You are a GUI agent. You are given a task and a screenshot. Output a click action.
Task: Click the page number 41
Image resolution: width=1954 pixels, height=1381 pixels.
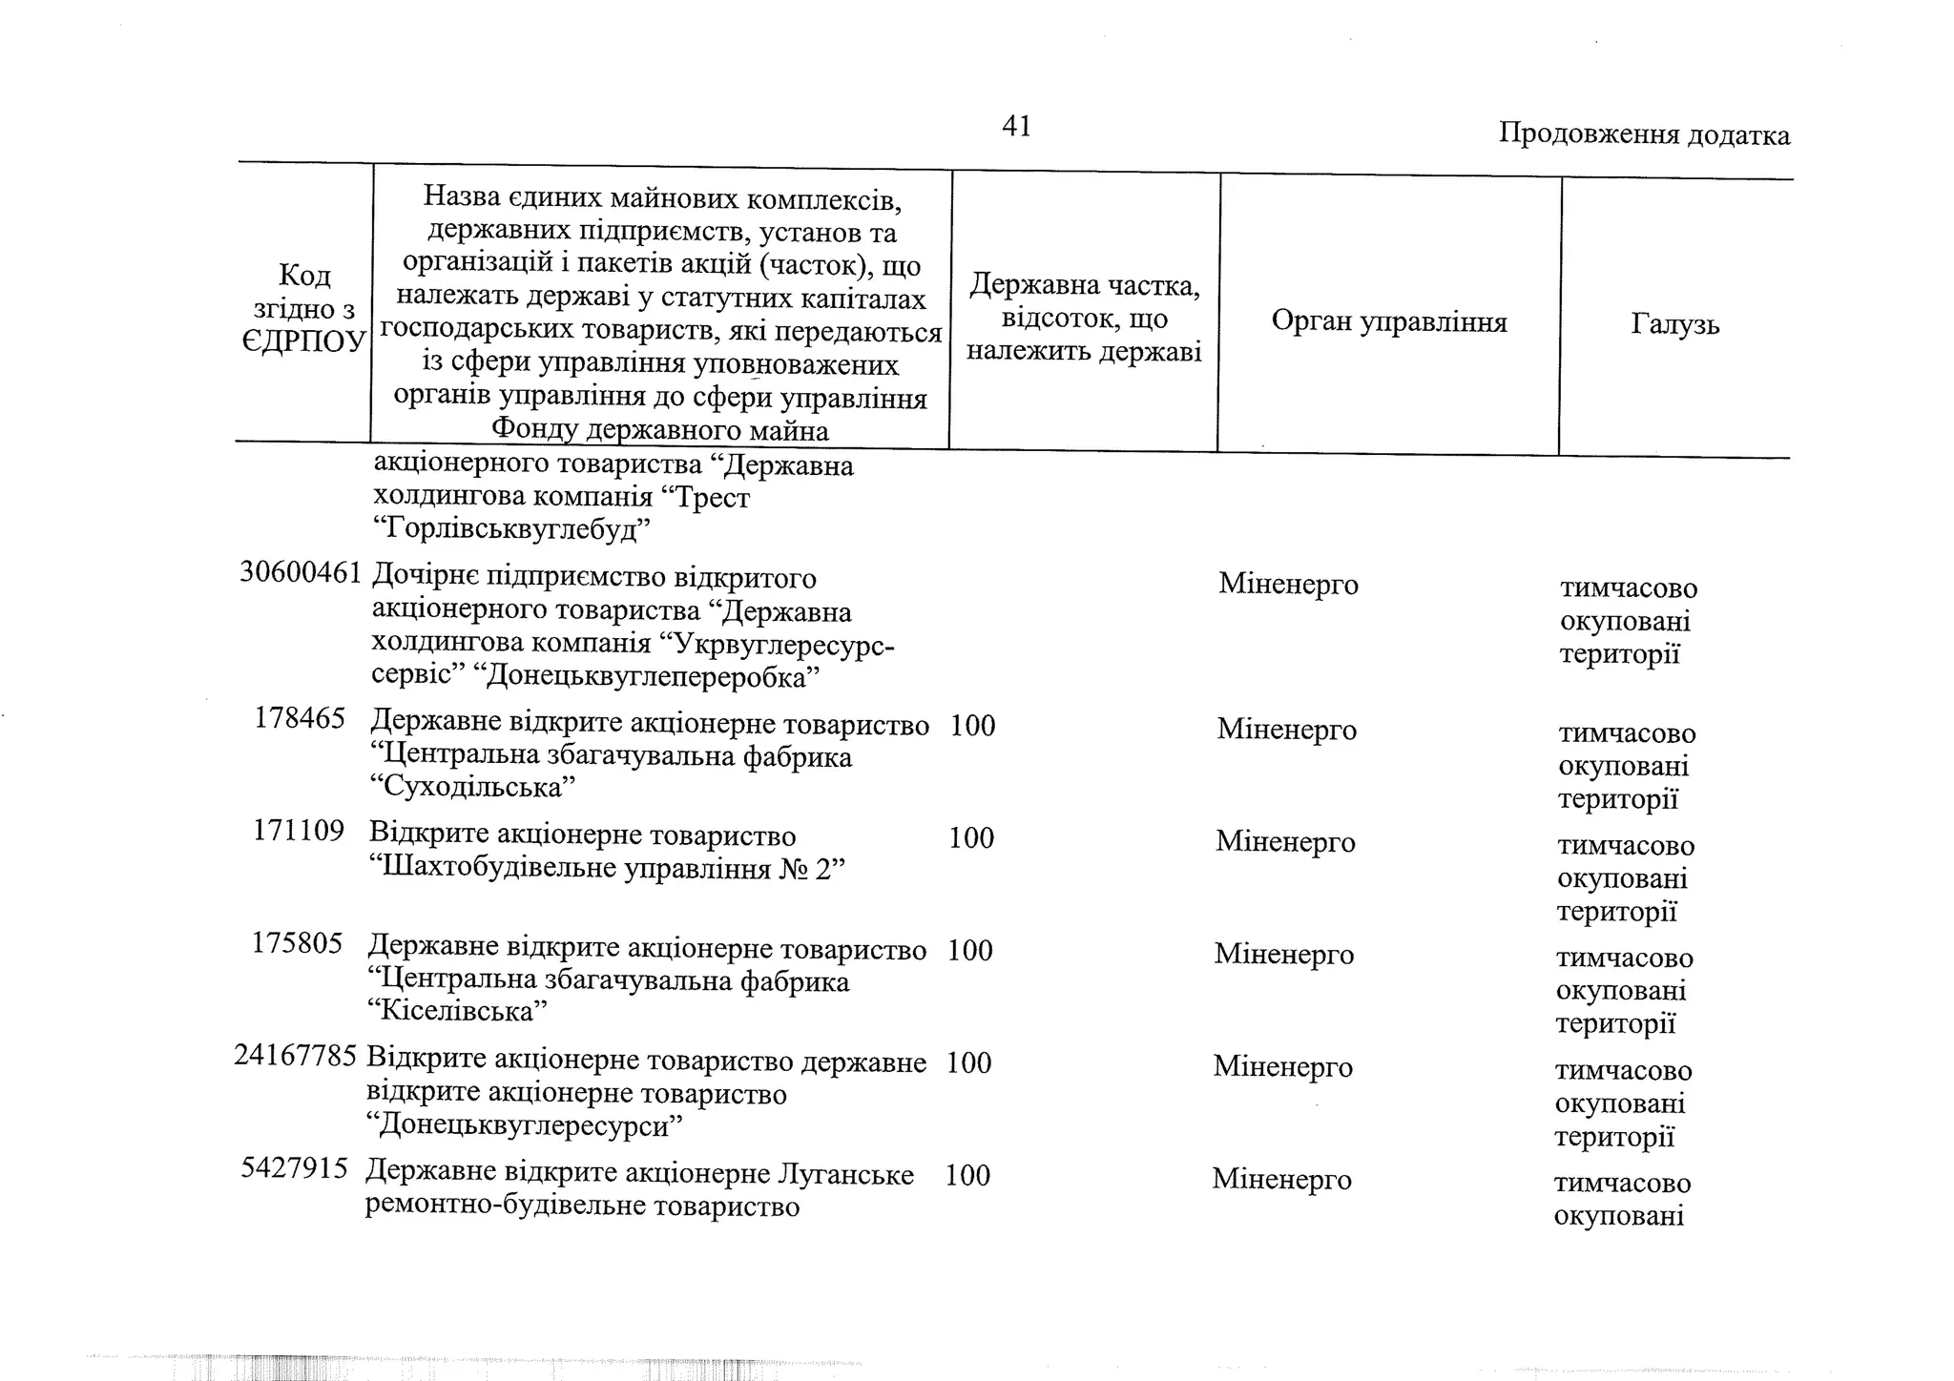1016,126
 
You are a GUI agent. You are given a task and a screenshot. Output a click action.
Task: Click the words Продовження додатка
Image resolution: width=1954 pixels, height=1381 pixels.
1644,134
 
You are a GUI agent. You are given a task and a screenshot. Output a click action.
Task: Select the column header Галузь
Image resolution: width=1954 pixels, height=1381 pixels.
1674,324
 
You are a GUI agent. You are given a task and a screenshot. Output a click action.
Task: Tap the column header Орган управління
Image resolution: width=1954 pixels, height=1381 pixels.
1389,321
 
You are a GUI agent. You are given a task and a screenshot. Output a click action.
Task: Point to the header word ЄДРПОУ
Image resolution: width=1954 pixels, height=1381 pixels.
304,341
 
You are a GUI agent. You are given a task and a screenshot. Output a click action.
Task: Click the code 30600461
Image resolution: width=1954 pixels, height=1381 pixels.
301,572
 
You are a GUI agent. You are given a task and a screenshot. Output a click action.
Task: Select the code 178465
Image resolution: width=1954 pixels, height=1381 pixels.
300,718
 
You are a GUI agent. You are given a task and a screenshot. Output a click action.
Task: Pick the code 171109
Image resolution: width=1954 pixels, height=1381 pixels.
298,831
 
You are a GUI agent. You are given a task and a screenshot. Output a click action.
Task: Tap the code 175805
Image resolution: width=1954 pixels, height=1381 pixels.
297,943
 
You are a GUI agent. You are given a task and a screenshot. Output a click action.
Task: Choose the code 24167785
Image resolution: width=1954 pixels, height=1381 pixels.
296,1056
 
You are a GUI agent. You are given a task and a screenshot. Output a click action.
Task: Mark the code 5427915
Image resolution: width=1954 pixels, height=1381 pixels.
294,1168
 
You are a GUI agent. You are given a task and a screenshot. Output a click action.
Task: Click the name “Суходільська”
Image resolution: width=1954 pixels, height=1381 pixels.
472,788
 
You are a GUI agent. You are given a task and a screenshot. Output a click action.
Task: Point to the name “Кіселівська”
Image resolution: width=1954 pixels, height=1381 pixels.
458,1011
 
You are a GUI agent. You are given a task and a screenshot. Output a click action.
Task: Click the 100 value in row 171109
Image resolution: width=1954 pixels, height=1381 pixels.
971,837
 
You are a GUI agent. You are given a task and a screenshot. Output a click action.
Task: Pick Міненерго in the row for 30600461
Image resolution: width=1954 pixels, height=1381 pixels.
1288,584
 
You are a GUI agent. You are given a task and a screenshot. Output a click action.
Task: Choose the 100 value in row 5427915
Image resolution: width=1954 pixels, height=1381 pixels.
967,1175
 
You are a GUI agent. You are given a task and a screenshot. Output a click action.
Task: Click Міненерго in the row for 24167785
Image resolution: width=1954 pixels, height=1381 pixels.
1282,1066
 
